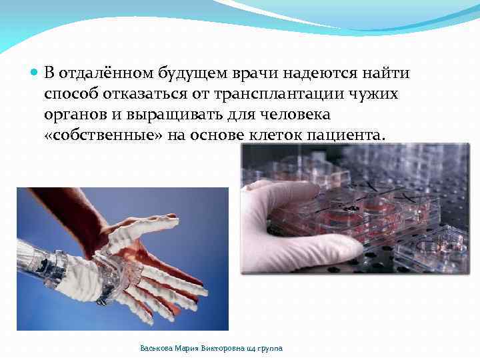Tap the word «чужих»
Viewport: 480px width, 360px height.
click(376, 94)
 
